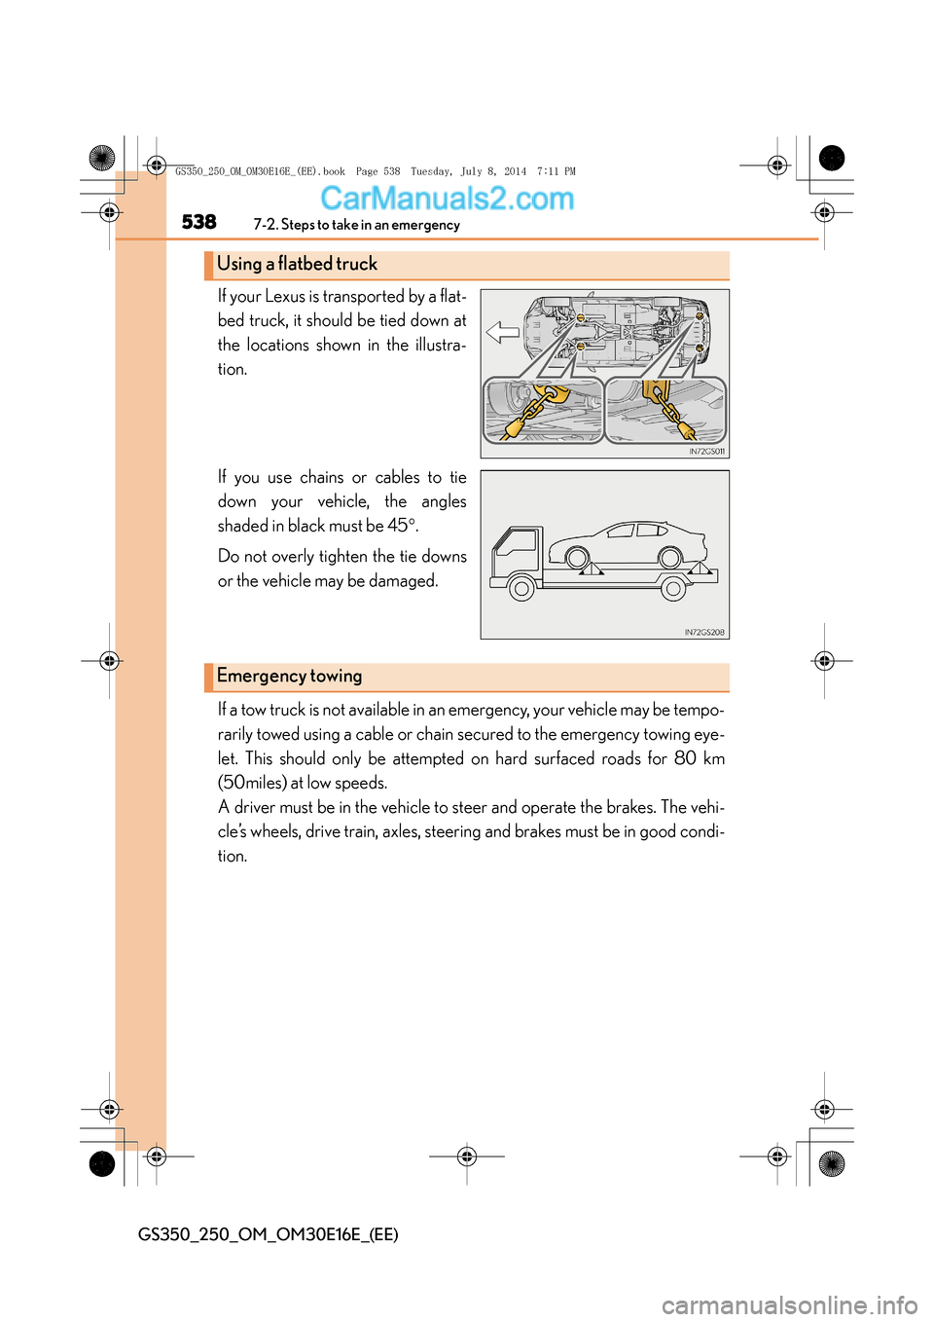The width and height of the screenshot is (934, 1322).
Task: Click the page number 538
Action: point(199,222)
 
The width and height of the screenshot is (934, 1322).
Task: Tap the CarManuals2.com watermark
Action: point(447,199)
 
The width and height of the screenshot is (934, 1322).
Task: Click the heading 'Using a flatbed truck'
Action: point(297,264)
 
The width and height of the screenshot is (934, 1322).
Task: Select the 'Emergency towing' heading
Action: point(289,676)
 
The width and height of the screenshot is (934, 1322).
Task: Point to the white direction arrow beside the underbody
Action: point(502,333)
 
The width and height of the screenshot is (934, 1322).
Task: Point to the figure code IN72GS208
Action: point(704,633)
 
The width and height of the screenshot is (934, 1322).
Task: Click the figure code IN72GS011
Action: point(707,452)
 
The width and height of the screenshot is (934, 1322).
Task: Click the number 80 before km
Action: point(685,758)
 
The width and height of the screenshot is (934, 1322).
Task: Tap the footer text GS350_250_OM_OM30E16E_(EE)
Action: point(269,1234)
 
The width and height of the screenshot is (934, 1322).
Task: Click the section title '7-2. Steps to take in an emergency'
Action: point(356,225)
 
